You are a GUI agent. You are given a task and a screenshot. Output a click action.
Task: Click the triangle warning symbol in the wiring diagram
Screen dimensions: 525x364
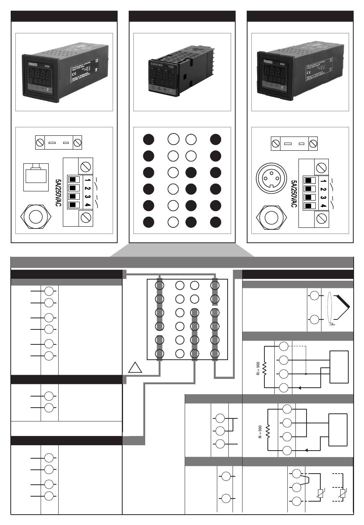point(135,368)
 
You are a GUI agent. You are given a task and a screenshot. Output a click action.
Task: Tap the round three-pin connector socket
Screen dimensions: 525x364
point(271,179)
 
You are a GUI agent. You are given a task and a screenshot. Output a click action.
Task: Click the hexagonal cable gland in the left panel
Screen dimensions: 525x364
point(36,216)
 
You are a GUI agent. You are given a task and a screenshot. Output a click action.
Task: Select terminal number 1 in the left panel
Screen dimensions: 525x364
point(88,179)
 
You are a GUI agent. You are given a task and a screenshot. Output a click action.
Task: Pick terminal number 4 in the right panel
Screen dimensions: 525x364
point(323,206)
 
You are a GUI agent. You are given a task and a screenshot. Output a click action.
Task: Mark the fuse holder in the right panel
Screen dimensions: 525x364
point(294,144)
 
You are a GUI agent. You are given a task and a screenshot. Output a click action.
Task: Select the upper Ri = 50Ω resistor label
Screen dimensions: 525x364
point(258,369)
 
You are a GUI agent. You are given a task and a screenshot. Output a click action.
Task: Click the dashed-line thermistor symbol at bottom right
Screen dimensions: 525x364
point(342,494)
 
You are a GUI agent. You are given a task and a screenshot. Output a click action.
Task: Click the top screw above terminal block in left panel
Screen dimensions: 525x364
point(85,166)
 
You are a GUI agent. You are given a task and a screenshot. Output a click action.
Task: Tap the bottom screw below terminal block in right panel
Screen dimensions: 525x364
point(321,220)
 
